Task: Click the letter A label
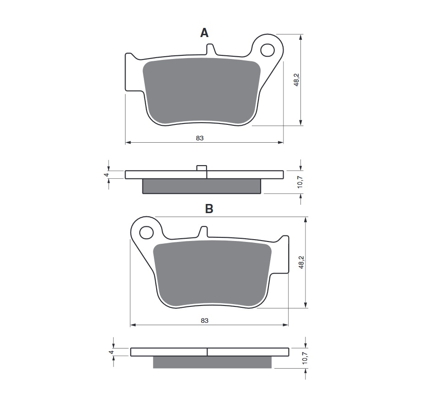point(204,32)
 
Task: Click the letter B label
point(209,209)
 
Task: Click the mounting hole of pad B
point(146,232)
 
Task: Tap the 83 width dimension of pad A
point(199,138)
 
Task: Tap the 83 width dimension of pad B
point(204,321)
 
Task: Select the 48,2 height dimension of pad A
point(296,80)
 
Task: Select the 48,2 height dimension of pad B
point(301,262)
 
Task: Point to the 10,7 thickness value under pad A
point(300,181)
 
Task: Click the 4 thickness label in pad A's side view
point(106,175)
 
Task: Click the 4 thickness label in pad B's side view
point(110,353)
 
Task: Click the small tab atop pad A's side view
point(202,168)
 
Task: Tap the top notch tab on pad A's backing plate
point(210,49)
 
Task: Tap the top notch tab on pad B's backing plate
point(202,232)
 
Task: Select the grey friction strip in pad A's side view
point(202,186)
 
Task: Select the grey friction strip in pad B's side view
point(212,362)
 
